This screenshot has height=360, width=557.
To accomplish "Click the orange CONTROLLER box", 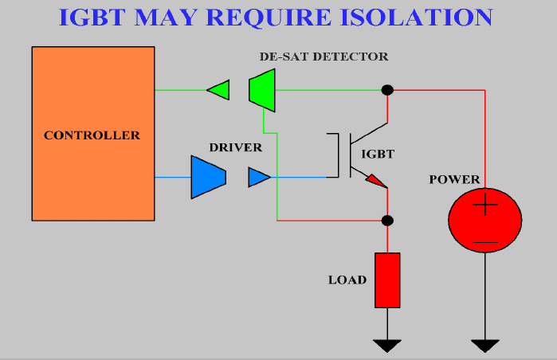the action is (93, 134).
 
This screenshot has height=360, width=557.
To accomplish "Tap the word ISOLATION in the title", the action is (416, 17).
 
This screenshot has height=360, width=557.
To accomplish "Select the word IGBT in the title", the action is (92, 17).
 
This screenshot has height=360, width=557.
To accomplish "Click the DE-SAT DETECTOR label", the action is (324, 57).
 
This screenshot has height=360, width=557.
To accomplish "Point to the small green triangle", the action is (220, 90).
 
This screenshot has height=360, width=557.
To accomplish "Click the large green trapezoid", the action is (262, 90).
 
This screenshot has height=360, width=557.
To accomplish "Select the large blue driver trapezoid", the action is (209, 177).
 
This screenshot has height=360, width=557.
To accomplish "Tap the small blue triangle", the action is (258, 177).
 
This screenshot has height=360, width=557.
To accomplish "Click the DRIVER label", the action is (236, 147).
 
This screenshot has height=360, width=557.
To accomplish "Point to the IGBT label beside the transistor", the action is (378, 154).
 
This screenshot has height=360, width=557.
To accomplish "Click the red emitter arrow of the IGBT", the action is (375, 180).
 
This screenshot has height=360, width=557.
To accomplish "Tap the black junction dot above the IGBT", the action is (387, 90).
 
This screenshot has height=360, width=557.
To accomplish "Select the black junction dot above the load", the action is (387, 221).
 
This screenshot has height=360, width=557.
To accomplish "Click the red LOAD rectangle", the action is (387, 280).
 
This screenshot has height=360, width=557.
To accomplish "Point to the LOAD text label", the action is (347, 280).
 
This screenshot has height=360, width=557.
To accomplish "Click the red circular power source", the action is (485, 220).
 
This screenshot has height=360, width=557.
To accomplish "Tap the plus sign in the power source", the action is (485, 205).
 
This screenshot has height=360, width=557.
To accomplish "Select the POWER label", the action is (454, 179).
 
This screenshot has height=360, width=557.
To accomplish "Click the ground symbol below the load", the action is (387, 346).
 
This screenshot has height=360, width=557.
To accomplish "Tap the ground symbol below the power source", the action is (485, 346).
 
